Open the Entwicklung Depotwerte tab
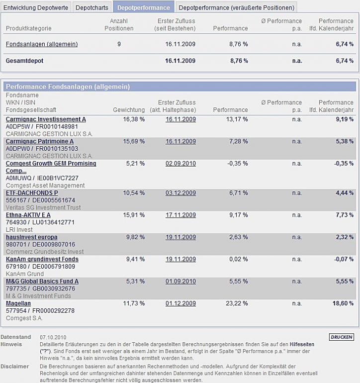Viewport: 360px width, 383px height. tap(36, 7)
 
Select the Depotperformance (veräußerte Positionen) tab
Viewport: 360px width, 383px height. tap(236, 7)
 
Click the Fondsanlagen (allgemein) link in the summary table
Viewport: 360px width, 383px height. tap(42, 44)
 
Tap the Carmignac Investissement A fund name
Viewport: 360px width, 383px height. tap(46, 119)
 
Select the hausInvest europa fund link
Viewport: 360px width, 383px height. tap(31, 237)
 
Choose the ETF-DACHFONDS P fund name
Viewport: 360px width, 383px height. tap(32, 192)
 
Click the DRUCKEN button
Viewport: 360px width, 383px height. tap(342, 337)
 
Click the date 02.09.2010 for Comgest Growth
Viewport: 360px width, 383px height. tap(180, 164)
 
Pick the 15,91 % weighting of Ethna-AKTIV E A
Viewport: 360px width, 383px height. tap(134, 215)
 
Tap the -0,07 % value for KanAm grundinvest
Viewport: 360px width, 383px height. tap(344, 259)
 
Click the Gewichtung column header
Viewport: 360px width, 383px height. tap(129, 110)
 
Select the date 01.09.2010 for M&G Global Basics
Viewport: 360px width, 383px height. tap(180, 281)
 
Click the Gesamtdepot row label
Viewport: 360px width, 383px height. tap(24, 61)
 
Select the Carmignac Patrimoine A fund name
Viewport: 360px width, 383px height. tap(39, 142)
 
